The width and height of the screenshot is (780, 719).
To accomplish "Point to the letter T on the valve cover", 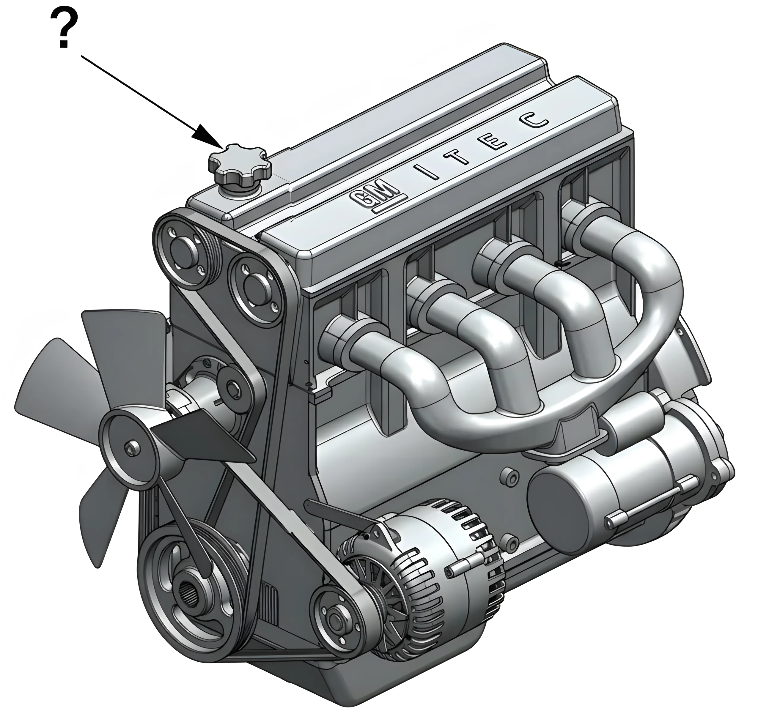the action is click(x=459, y=156).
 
